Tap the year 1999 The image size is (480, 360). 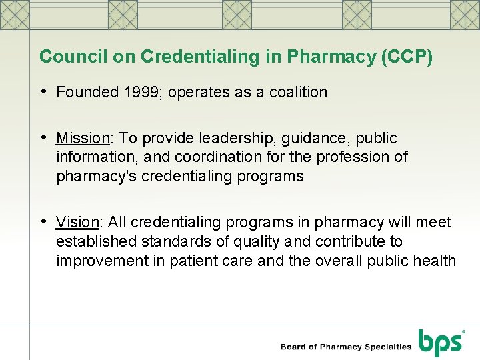(x=143, y=92)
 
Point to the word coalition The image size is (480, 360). (x=298, y=92)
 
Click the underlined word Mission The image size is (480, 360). (x=83, y=138)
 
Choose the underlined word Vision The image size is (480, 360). (x=77, y=222)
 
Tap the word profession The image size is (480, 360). (x=357, y=157)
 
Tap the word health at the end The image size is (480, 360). (x=434, y=261)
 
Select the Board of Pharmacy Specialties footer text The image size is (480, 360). (x=346, y=347)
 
